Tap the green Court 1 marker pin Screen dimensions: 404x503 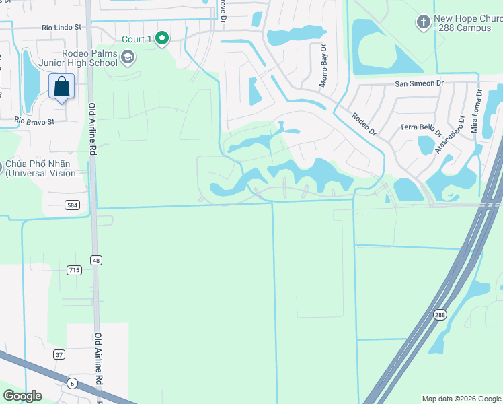tap(161, 39)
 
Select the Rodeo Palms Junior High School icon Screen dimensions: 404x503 tap(128, 59)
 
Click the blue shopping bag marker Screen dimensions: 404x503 tap(61, 87)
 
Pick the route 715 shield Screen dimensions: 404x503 tap(74, 270)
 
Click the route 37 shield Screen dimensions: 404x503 tap(60, 355)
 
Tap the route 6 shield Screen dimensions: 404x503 tap(71, 383)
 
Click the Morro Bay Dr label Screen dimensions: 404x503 tap(323, 65)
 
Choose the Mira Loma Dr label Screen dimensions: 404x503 tap(477, 112)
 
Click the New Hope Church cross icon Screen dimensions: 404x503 tap(422, 22)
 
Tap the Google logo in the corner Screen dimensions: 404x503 tap(23, 396)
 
